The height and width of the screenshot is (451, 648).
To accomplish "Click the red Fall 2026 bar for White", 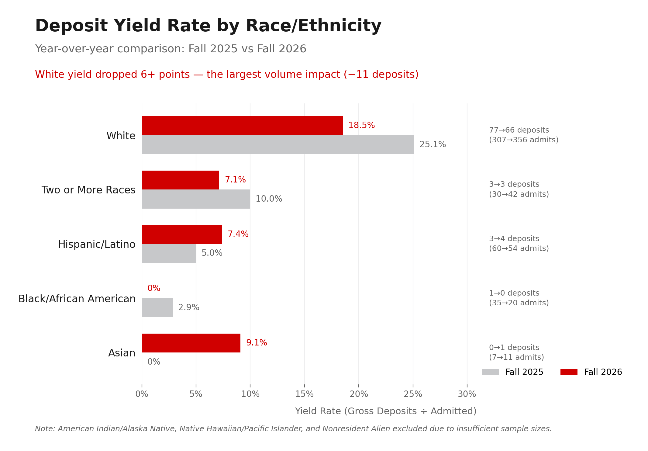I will point(242,126).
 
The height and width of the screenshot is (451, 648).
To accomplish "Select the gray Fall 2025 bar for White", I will point(278,145).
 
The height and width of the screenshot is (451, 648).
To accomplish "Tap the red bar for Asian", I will point(191,343).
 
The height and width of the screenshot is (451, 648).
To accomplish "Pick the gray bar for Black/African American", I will point(157,308).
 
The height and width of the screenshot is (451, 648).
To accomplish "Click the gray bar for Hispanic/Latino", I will point(169,253).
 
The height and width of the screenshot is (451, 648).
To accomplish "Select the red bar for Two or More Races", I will point(180,180).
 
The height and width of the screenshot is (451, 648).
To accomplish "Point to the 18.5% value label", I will point(361,125).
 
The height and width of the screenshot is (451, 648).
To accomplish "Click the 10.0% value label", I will point(269,199).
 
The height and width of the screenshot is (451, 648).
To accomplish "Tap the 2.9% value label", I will point(188,307).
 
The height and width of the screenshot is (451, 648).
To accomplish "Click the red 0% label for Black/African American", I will point(154,288).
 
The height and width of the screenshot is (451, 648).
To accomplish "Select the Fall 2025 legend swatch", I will point(490,372).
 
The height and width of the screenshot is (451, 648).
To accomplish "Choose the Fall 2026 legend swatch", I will point(569,372).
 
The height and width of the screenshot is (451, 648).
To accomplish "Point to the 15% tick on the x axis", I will point(304,394).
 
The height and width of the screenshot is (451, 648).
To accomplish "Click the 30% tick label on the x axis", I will point(467,394).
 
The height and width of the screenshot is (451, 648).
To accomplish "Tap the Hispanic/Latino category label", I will point(97,245).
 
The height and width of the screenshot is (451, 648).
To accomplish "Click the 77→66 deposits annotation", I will point(519,130).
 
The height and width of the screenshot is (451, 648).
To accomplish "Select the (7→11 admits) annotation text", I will point(516,357).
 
